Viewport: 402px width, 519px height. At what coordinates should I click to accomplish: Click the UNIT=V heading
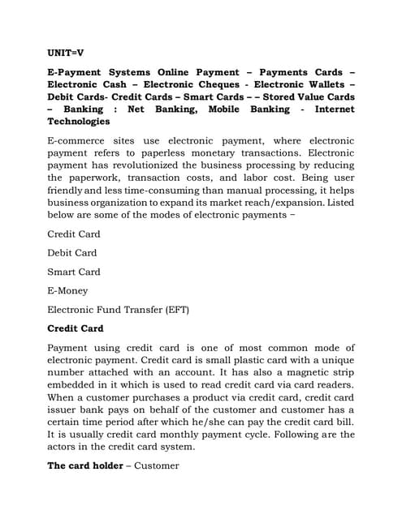[x=66, y=52]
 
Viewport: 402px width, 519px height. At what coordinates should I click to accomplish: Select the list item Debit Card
[x=72, y=252]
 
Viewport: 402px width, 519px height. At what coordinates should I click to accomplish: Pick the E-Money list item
[x=67, y=290]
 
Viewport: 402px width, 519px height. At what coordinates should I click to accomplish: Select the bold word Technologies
[x=79, y=122]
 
